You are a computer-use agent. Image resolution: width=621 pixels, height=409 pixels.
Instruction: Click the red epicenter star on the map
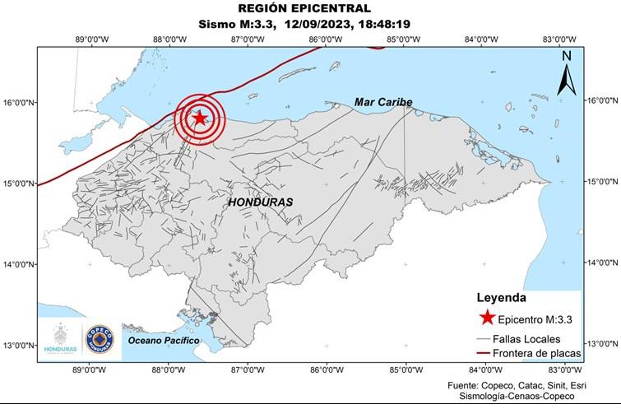pos(199,118)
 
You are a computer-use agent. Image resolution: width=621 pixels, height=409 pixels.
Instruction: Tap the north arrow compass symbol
pos(567,73)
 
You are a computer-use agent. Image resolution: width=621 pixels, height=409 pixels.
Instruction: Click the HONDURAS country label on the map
pos(260,202)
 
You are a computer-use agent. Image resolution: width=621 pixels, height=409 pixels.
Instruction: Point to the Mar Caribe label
pos(383,102)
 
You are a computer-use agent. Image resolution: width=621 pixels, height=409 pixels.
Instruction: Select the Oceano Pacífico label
pos(164,340)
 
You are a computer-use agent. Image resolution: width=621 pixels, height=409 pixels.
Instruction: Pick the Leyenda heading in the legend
pos(501,298)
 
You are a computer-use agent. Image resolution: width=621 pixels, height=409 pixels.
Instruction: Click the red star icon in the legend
pos(487,318)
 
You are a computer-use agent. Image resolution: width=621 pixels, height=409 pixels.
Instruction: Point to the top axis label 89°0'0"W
pos(91,39)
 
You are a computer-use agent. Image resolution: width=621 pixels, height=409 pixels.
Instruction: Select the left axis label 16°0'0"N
pos(18,103)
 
